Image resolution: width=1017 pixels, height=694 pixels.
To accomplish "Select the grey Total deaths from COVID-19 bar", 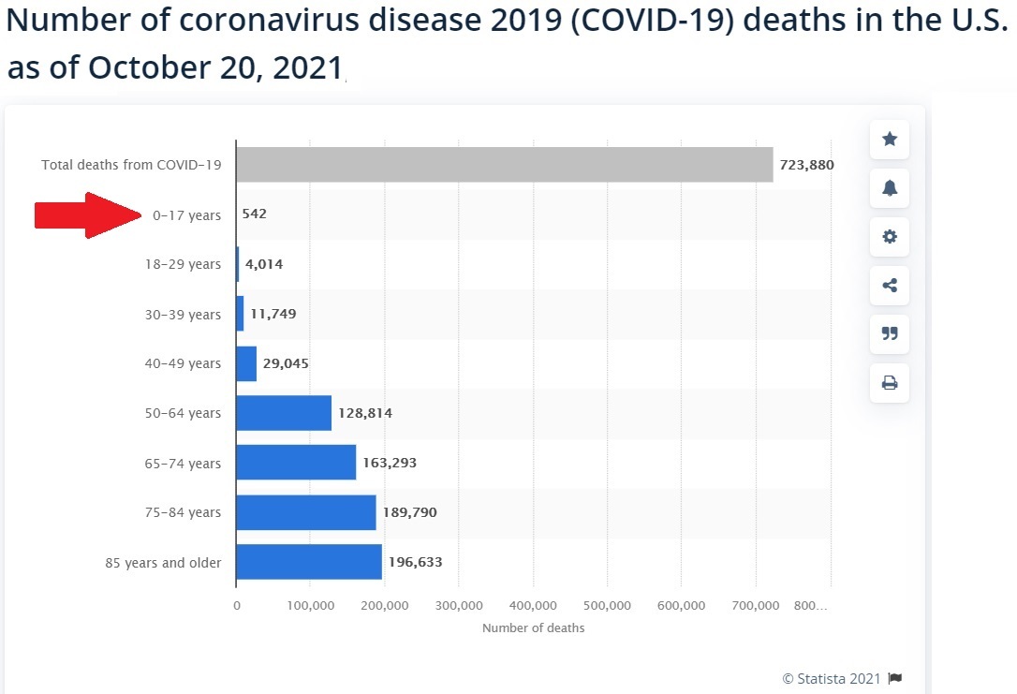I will tap(504, 165).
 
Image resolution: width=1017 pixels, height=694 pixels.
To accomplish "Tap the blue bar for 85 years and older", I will tap(309, 562).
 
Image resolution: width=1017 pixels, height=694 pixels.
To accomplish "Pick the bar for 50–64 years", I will tap(284, 413).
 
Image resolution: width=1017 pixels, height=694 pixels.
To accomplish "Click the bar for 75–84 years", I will tap(305, 512).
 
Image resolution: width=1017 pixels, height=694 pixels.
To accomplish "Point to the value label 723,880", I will tap(806, 165).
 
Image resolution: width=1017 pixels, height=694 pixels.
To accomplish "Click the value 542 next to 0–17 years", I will tap(254, 214).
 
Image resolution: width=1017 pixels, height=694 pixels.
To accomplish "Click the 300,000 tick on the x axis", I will tap(459, 606).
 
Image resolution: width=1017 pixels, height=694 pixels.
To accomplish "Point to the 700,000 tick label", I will tap(756, 606).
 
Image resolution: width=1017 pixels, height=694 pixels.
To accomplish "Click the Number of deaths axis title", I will tap(533, 628).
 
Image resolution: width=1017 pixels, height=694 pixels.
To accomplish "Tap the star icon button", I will tap(890, 140).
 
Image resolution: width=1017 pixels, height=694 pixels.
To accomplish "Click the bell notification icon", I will tap(890, 188).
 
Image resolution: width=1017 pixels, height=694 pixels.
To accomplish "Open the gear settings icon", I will tap(890, 237).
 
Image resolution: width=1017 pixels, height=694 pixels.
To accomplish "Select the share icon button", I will tap(890, 286).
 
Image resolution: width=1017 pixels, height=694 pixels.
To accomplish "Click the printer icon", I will tap(890, 382).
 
